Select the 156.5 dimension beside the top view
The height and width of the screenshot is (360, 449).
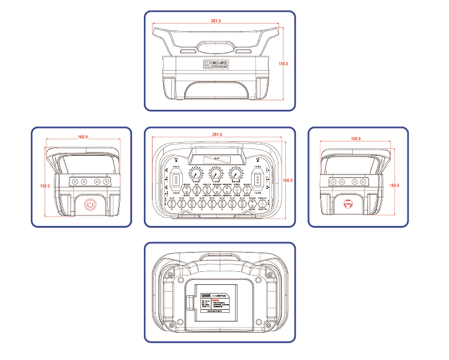click(x=284, y=63)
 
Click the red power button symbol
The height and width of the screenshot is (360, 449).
click(x=91, y=204)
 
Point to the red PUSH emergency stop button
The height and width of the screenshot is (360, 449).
click(x=348, y=204)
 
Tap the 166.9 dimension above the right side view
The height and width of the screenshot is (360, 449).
click(x=355, y=138)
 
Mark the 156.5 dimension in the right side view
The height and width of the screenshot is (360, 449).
click(x=394, y=185)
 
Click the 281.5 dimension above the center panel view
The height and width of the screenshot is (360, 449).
click(x=217, y=135)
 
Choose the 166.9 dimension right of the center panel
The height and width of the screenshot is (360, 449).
click(x=287, y=180)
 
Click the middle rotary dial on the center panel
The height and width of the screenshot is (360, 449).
click(x=216, y=175)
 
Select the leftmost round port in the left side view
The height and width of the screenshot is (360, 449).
click(x=74, y=182)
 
